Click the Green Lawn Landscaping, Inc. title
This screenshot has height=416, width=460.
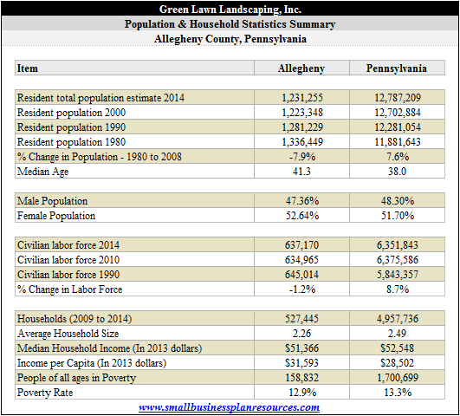(230, 10)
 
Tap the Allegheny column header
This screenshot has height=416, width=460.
(301, 68)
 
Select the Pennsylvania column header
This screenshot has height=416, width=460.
(397, 68)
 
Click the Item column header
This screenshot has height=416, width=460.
(27, 68)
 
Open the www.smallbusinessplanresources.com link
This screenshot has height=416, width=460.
(229, 407)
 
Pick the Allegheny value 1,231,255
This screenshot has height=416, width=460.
(302, 97)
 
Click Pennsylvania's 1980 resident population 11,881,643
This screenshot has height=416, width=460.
(398, 142)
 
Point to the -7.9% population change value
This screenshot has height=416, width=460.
(302, 157)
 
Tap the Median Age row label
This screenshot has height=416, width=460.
(42, 172)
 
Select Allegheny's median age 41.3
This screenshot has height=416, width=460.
(301, 171)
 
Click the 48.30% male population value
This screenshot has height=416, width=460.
(398, 201)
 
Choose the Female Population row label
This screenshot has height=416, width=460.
(56, 216)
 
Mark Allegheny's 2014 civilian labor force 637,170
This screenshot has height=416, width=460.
(301, 245)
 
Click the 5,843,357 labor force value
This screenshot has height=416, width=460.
(398, 275)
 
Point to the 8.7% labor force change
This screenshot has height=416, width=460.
(398, 289)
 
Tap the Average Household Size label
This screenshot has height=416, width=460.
(68, 334)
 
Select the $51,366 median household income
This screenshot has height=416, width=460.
(301, 348)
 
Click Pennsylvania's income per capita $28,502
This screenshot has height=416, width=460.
(398, 363)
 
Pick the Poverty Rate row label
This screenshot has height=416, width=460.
(45, 393)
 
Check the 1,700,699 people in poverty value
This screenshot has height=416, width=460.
(398, 378)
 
